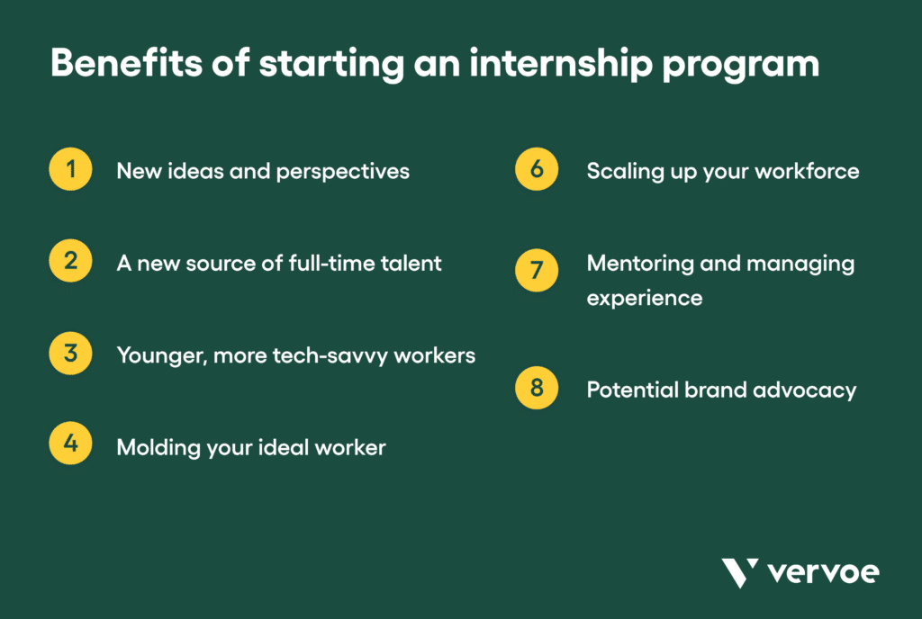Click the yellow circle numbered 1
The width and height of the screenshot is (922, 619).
70,171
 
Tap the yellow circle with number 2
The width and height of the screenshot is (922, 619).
70,263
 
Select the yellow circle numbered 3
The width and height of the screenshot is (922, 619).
70,354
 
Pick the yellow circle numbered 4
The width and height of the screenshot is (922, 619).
70,446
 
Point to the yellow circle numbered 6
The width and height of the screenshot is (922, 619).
537,171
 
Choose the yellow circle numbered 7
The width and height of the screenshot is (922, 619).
537,270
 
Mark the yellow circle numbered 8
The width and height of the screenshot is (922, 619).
537,389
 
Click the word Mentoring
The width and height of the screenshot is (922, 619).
633,264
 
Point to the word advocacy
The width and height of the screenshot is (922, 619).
816,390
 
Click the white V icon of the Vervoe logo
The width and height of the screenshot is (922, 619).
739,572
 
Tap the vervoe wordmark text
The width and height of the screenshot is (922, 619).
823,572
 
